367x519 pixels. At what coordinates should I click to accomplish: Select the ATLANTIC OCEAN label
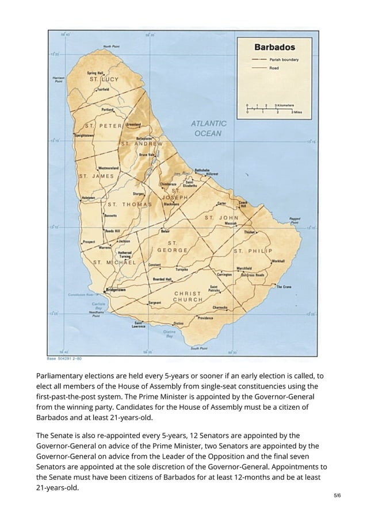click(208, 128)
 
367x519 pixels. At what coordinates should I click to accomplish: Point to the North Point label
click(111, 46)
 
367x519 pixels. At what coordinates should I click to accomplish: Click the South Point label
click(199, 348)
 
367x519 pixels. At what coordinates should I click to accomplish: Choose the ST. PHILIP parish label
click(252, 251)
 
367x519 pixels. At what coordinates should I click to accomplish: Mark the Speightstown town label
click(83, 136)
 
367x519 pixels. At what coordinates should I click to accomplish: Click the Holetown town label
click(89, 197)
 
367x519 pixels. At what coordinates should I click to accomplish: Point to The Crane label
click(284, 286)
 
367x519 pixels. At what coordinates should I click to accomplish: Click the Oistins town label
click(179, 323)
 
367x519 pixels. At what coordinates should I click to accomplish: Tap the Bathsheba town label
click(201, 170)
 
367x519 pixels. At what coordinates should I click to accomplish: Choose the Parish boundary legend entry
click(282, 60)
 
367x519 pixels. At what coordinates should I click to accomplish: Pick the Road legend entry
click(275, 67)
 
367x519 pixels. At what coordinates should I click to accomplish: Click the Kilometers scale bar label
click(285, 106)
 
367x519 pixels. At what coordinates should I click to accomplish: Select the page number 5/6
click(337, 494)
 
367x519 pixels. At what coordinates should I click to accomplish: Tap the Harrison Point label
click(58, 79)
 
